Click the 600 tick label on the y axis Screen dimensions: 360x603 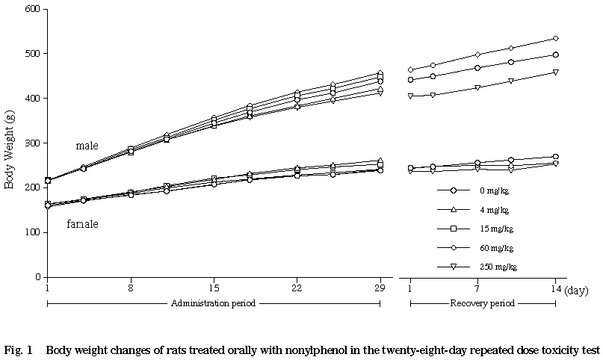(33, 9)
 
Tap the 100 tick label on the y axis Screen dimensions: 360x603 (33, 232)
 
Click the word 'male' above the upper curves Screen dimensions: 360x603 (87, 146)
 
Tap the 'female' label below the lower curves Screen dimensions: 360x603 (82, 224)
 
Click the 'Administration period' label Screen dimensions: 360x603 (213, 303)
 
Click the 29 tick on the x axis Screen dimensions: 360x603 (380, 287)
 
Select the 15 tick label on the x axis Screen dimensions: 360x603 (214, 287)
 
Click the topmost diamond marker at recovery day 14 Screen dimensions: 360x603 (555, 38)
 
